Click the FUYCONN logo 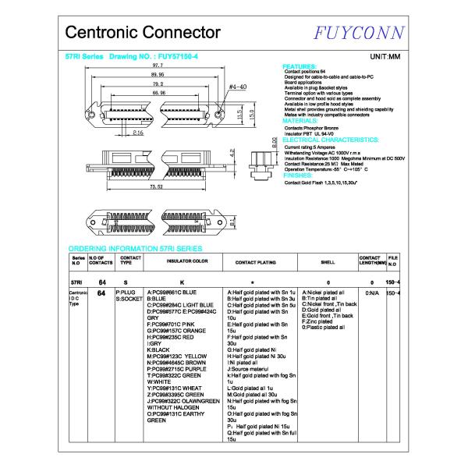coord(357,33)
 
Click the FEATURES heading coord(299,66)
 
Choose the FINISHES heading coord(298,176)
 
